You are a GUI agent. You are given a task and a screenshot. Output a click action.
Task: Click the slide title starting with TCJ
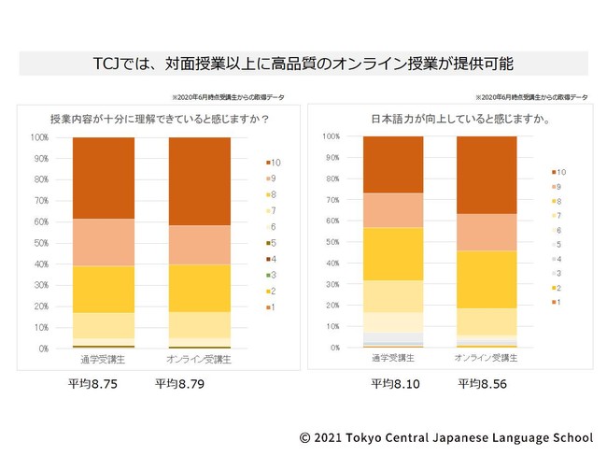pyautogui.click(x=303, y=63)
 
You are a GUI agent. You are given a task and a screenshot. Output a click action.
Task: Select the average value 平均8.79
pyautogui.click(x=176, y=383)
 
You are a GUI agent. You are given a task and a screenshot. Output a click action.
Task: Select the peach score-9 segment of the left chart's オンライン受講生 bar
pyautogui.click(x=200, y=245)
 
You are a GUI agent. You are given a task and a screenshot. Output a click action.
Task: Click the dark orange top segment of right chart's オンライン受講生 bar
pyautogui.click(x=487, y=175)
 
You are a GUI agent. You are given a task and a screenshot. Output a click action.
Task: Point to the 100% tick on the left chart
pyautogui.click(x=39, y=137)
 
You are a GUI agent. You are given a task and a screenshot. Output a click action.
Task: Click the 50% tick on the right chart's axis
pyautogui.click(x=331, y=242)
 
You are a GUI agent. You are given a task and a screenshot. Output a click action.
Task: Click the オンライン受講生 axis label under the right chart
pyautogui.click(x=487, y=358)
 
